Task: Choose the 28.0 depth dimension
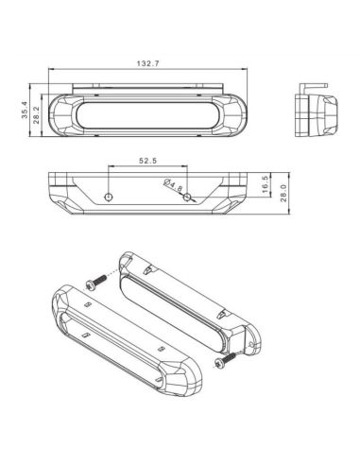[283, 191]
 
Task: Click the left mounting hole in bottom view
[110, 197]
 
